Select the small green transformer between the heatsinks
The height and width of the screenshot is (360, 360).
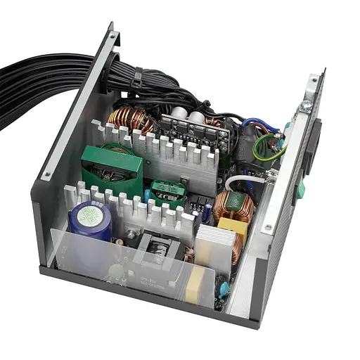coord(168,192)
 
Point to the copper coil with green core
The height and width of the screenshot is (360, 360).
coord(233,207)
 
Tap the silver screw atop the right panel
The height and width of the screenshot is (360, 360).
coord(306,105)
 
